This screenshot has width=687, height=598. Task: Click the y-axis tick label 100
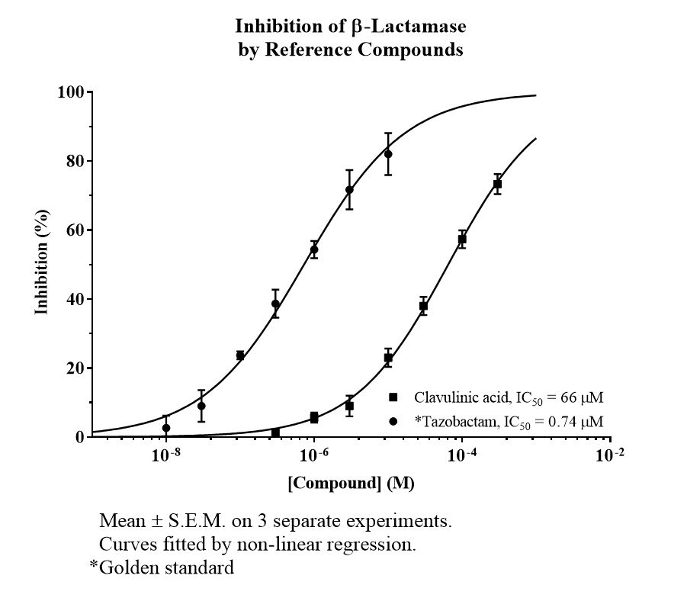(x=71, y=92)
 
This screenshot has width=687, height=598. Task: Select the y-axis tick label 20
(x=75, y=368)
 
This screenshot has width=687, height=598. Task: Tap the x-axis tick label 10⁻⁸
(x=166, y=455)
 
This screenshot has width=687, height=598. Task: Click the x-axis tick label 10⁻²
(x=609, y=455)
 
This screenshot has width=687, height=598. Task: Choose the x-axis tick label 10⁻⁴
(x=462, y=455)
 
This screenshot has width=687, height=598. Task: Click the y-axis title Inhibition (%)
(x=42, y=262)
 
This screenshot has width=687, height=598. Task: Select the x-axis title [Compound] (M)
(x=351, y=483)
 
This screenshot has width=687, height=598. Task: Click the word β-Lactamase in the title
(x=409, y=26)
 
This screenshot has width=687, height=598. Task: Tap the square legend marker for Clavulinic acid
(x=393, y=397)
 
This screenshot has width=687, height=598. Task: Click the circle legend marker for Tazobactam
(x=393, y=422)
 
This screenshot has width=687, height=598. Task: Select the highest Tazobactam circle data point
(x=388, y=154)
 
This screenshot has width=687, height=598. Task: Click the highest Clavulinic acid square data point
(x=497, y=184)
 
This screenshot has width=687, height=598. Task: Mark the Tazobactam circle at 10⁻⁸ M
(x=166, y=428)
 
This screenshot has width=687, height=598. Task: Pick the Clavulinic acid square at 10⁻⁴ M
(x=462, y=240)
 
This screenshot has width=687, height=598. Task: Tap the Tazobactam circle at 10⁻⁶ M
(x=314, y=249)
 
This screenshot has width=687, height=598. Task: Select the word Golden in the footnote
(x=130, y=567)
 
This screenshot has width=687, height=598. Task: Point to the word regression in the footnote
(x=373, y=545)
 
